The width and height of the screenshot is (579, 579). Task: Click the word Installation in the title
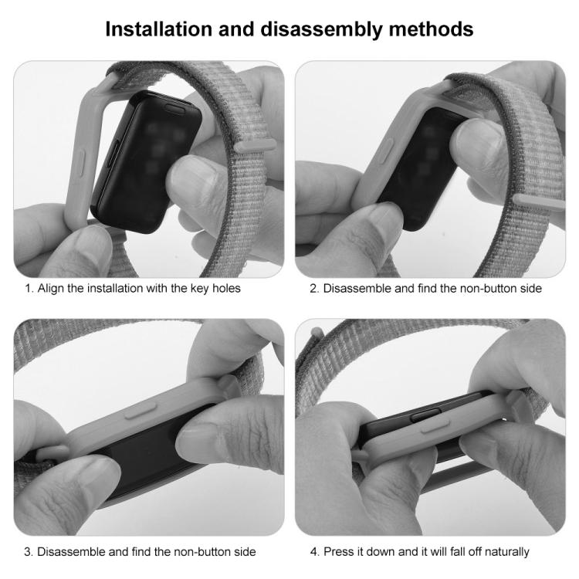159,30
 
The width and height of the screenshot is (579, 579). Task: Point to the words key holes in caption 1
215,288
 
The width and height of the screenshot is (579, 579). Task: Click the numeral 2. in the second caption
314,288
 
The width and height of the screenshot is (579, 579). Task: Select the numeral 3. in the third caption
29,552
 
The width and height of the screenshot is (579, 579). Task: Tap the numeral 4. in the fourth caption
314,552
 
